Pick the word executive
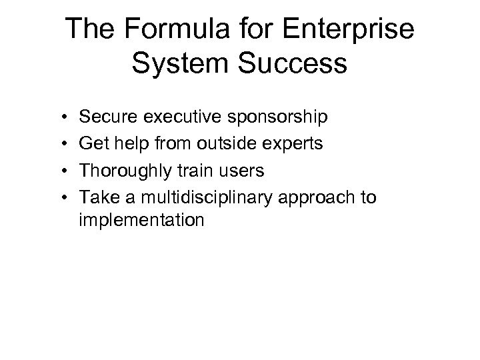coord(175,117)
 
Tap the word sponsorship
coord(269,119)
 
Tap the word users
coord(239,171)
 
